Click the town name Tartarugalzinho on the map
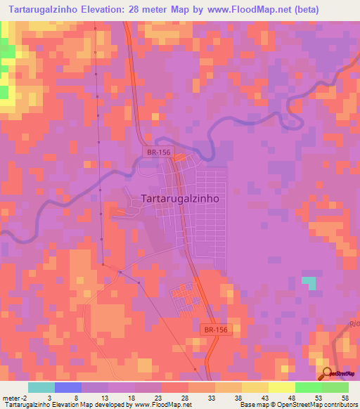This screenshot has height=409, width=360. tap(181, 198)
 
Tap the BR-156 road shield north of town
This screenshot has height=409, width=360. tap(157, 151)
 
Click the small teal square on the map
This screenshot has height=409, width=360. tap(309, 283)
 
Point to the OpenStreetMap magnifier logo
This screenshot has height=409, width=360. tap(328, 375)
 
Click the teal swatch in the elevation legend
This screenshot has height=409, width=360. tap(41, 387)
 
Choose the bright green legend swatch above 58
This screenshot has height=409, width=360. tap(335, 387)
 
